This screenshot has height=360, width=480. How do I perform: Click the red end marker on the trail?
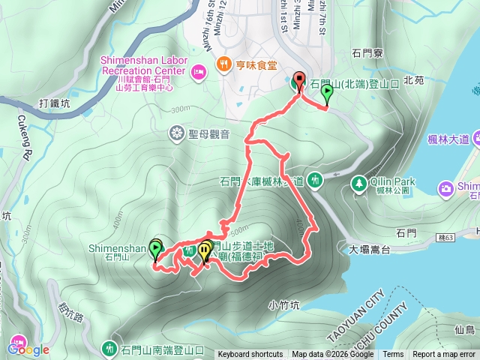pos(299,80)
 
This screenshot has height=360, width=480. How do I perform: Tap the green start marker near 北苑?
pos(327,93)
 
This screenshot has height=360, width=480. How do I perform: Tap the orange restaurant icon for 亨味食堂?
pos(223,65)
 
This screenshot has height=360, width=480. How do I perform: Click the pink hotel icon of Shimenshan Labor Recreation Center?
pos(199,71)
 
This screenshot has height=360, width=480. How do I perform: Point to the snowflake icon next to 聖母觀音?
pos(177,134)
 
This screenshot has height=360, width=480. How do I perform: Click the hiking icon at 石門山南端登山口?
pos(110,349)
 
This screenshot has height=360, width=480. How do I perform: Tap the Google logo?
pos(28,349)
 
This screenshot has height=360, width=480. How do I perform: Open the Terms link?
pos(393,355)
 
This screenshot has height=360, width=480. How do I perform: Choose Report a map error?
pos(444,355)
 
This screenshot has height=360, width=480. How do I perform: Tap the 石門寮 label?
pos(367,53)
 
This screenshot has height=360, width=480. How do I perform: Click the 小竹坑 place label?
pos(283,305)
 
